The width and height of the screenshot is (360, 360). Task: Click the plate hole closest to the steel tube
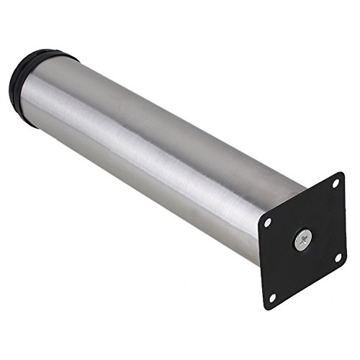pos(268,222)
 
